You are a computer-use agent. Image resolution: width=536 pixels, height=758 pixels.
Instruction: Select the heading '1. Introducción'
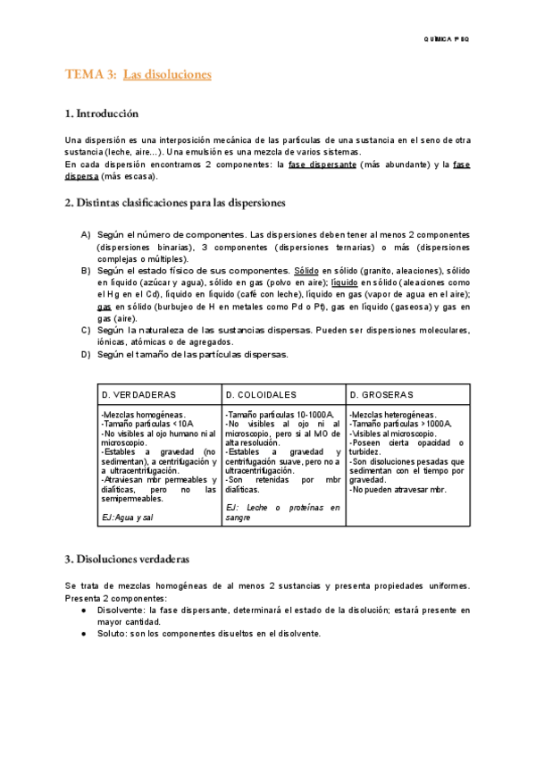tap(102, 114)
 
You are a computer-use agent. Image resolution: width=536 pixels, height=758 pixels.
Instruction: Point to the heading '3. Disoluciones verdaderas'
tap(127, 560)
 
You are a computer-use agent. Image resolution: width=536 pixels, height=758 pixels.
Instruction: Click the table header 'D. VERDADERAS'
tap(138, 394)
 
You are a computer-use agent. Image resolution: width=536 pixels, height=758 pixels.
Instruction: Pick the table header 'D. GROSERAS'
tap(381, 394)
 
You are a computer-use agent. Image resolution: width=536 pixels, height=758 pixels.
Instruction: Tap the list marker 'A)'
tap(86, 234)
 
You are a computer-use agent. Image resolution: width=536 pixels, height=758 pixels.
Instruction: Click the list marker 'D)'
tap(86, 354)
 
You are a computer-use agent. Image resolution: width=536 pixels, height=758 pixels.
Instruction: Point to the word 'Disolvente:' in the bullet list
tap(121, 610)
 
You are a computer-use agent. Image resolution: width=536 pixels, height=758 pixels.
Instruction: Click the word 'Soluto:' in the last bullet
tap(114, 633)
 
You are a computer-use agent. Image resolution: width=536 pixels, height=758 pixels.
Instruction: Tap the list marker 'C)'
tap(86, 330)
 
